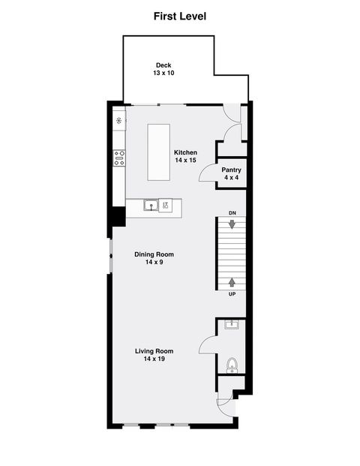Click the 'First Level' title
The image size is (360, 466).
[x=180, y=16]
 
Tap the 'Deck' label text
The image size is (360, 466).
[x=163, y=65]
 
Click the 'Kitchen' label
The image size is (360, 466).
[x=185, y=152]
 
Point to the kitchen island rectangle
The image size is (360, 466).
[x=159, y=152]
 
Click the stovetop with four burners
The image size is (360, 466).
[x=119, y=158]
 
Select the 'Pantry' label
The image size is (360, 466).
[x=231, y=170]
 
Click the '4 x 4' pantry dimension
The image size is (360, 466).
[x=231, y=179]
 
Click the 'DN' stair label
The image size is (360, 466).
[x=232, y=214]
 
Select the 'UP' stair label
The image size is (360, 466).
[x=232, y=294]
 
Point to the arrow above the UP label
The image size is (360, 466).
[x=232, y=282]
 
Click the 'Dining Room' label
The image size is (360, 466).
[x=154, y=254]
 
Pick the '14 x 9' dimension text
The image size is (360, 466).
[x=154, y=263]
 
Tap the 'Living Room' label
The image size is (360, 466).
[x=154, y=351]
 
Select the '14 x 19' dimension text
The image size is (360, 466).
[x=154, y=359]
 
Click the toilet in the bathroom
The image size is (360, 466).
[x=232, y=365]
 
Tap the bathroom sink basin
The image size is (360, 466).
[x=232, y=325]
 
